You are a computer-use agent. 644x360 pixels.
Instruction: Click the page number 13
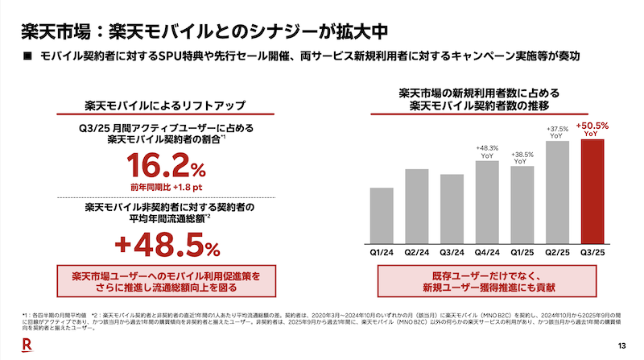click(x=621, y=346)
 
